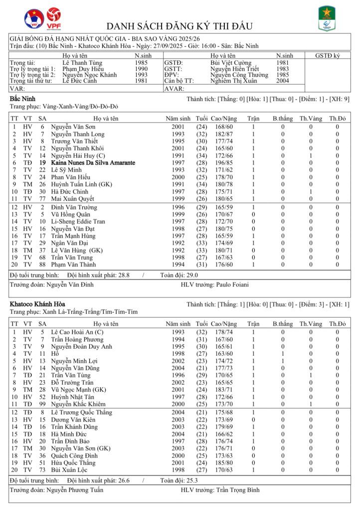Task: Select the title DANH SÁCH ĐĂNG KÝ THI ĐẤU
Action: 180,26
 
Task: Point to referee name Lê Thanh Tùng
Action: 83,63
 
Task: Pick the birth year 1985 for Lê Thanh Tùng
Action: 141,63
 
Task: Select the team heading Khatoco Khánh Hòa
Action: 37,304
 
